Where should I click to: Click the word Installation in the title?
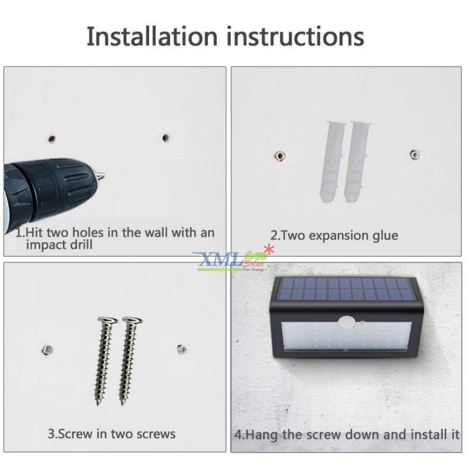pyautogui.click(x=152, y=36)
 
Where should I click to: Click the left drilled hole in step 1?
pyautogui.click(x=52, y=139)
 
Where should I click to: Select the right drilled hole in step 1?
pyautogui.click(x=165, y=138)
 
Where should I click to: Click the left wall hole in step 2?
pyautogui.click(x=280, y=156)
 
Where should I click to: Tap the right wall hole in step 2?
pyautogui.click(x=413, y=154)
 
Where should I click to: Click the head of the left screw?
pyautogui.click(x=107, y=321)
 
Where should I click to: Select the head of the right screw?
pyautogui.click(x=132, y=321)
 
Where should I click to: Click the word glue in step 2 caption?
pyautogui.click(x=383, y=235)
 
